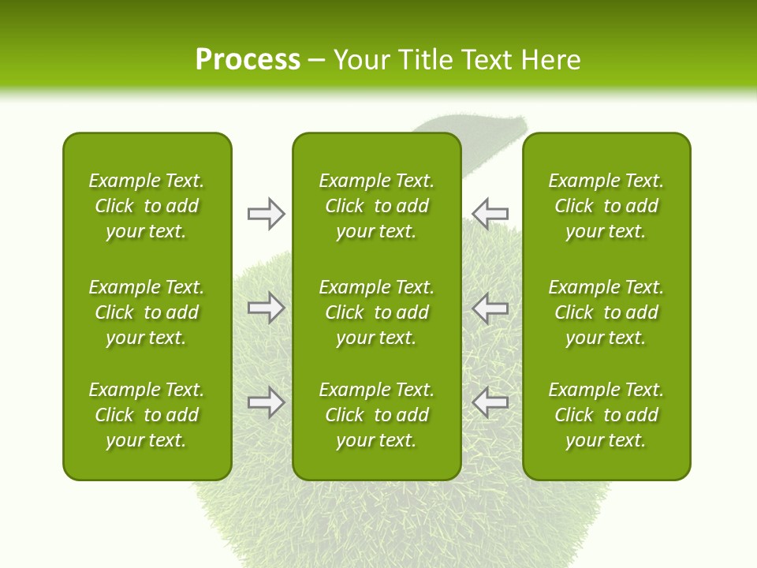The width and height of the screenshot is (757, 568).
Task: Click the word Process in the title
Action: pyautogui.click(x=248, y=60)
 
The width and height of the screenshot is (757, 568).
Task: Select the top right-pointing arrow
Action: pyautogui.click(x=266, y=214)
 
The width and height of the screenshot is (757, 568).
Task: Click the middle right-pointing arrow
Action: pyautogui.click(x=266, y=308)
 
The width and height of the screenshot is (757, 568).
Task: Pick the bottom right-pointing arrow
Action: pyautogui.click(x=266, y=402)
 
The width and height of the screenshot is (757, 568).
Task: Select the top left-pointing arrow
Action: pyautogui.click(x=490, y=213)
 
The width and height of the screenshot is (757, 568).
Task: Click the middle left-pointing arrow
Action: pyautogui.click(x=490, y=308)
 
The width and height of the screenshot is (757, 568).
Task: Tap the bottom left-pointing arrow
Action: pyautogui.click(x=490, y=402)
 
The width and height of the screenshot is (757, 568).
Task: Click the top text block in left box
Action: pyautogui.click(x=147, y=206)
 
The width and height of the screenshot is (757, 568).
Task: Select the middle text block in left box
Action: pyautogui.click(x=147, y=312)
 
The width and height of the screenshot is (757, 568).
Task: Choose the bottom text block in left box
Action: pyautogui.click(x=147, y=415)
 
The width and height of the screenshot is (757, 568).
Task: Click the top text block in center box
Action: pyautogui.click(x=376, y=206)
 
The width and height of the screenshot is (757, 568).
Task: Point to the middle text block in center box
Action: pyautogui.click(x=376, y=312)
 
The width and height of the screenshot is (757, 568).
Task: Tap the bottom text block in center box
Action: pyautogui.click(x=376, y=415)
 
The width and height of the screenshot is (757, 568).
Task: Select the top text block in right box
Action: pyautogui.click(x=606, y=206)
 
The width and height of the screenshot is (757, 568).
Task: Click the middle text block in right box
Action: pyautogui.click(x=606, y=312)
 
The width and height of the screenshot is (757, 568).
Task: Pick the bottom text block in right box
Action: pyautogui.click(x=606, y=415)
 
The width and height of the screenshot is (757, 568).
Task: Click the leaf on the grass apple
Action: pyautogui.click(x=481, y=126)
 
